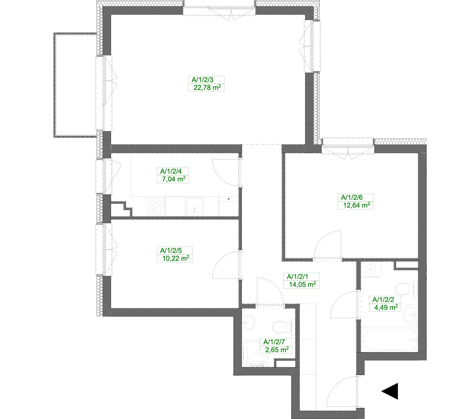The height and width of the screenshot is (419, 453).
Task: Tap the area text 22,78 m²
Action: tap(207, 88)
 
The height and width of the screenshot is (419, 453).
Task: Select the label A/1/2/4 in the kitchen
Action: tap(171, 171)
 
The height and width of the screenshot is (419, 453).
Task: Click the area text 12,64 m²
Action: tap(357, 205)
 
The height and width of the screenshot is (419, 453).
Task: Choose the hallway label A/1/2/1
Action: tap(297, 277)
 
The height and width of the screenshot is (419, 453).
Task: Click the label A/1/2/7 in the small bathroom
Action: tap(274, 342)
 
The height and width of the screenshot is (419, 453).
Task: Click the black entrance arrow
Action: tap(390, 391)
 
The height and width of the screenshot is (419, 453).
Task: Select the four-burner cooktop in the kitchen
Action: tap(156, 206)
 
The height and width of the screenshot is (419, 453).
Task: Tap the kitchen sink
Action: tap(194, 206)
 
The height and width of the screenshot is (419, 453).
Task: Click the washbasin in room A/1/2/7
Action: tap(248, 322)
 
